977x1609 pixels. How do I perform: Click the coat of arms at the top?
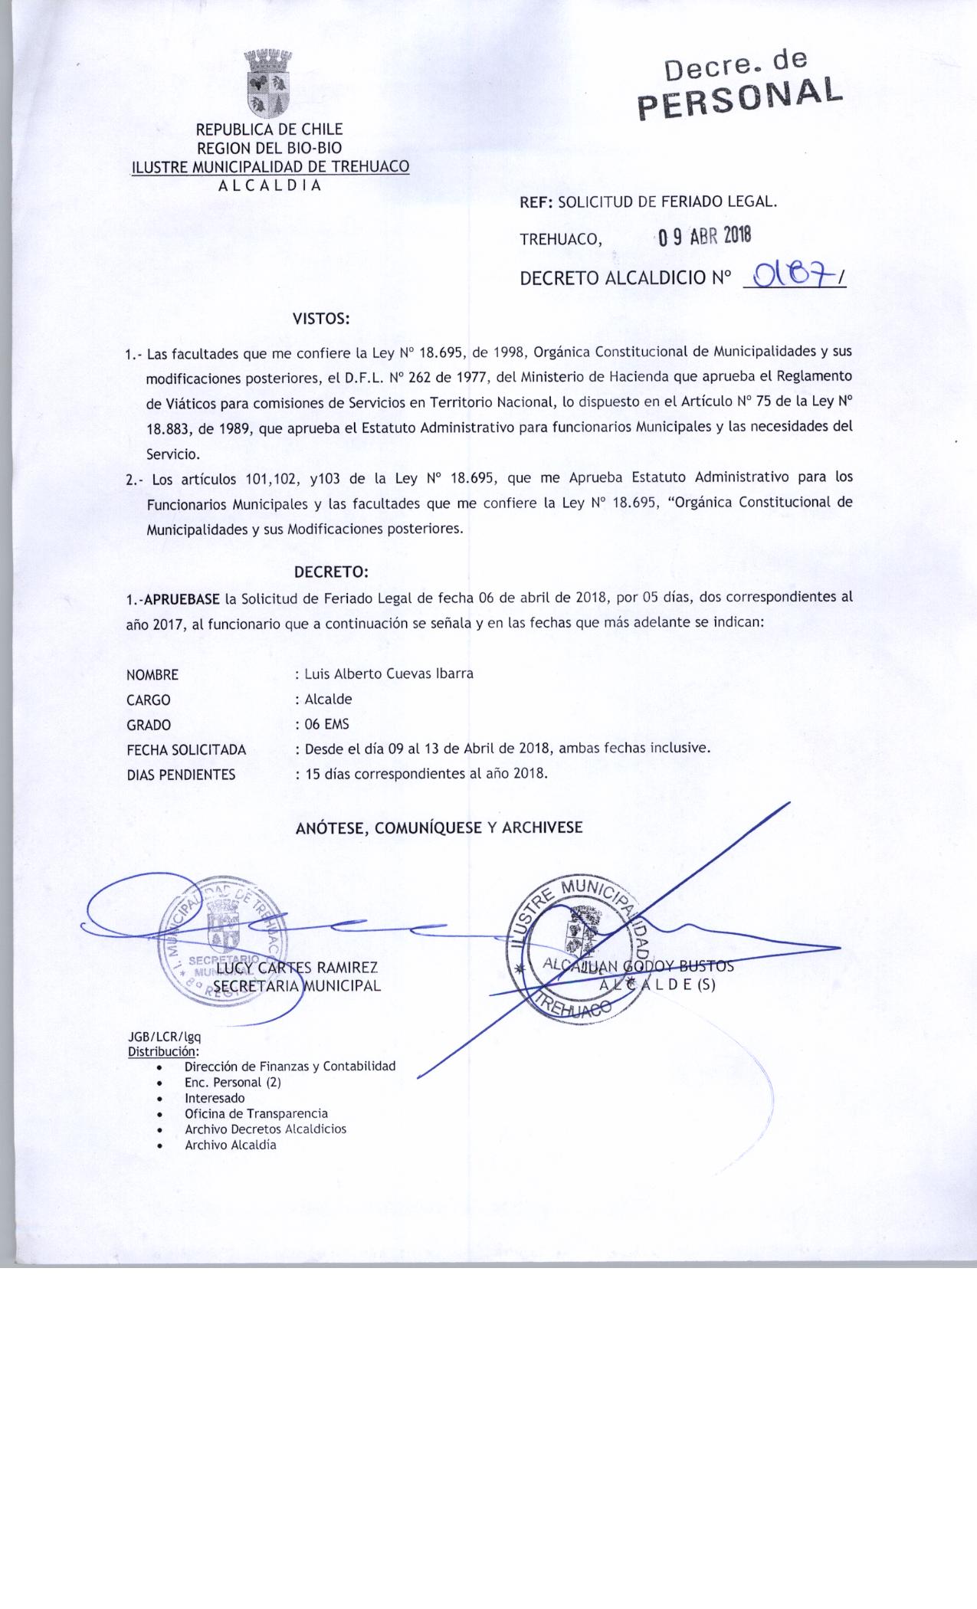pyautogui.click(x=269, y=81)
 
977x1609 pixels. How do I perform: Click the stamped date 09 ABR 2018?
pyautogui.click(x=704, y=237)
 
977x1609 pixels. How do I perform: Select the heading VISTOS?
pyautogui.click(x=321, y=319)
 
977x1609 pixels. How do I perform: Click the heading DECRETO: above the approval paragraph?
pyautogui.click(x=331, y=572)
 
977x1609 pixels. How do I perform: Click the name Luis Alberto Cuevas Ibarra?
pyautogui.click(x=389, y=674)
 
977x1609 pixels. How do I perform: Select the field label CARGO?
pyautogui.click(x=149, y=700)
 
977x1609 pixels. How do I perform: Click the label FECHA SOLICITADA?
pyautogui.click(x=186, y=750)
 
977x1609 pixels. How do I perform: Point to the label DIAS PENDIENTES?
pyautogui.click(x=181, y=775)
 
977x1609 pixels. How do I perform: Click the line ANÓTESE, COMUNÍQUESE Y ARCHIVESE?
pyautogui.click(x=439, y=827)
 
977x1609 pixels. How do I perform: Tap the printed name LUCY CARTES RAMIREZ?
pyautogui.click(x=297, y=968)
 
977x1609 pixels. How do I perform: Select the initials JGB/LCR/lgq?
pyautogui.click(x=164, y=1037)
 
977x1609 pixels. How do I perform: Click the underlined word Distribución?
pyautogui.click(x=162, y=1051)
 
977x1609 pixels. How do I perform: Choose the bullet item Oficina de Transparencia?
pyautogui.click(x=256, y=1113)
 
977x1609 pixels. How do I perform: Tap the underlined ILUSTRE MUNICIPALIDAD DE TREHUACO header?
pyautogui.click(x=270, y=167)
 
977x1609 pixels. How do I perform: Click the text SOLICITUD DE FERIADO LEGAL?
pyautogui.click(x=667, y=202)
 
